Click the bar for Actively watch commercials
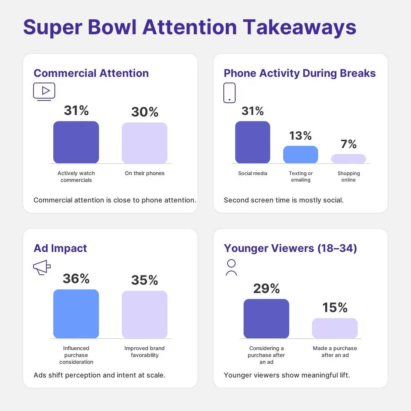pyautogui.click(x=76, y=142)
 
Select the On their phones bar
pyautogui.click(x=145, y=143)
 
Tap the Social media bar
pyautogui.click(x=253, y=142)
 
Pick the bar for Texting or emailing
pyautogui.click(x=301, y=155)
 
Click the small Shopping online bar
pyautogui.click(x=349, y=159)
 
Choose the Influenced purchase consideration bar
pyautogui.click(x=76, y=314)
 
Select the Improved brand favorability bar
pyautogui.click(x=145, y=315)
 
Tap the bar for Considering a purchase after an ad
pyautogui.click(x=266, y=319)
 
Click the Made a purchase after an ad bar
pyautogui.click(x=335, y=328)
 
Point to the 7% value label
pyautogui.click(x=349, y=144)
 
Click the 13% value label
pyautogui.click(x=301, y=136)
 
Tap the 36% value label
pyautogui.click(x=76, y=279)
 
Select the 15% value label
pyautogui.click(x=335, y=307)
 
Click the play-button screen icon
pyautogui.click(x=44, y=91)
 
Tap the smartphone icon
pyautogui.click(x=229, y=93)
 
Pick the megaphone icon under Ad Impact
pyautogui.click(x=42, y=268)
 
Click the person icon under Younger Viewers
pyautogui.click(x=231, y=267)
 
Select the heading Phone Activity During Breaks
pyautogui.click(x=300, y=73)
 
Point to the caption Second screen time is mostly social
pyautogui.click(x=284, y=200)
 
